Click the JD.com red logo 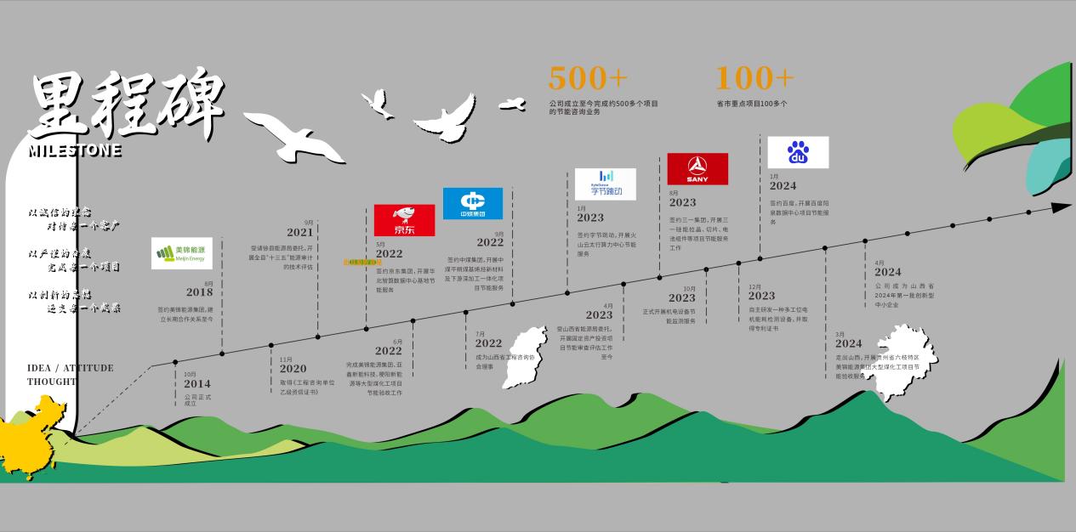[404, 220]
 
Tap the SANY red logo [697, 168]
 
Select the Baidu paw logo [797, 152]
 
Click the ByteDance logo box [605, 184]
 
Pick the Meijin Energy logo [181, 252]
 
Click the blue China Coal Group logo [472, 203]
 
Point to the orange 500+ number [588, 78]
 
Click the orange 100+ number [754, 78]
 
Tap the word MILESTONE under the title [75, 151]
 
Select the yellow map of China [34, 438]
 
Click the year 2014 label [196, 384]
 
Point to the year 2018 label [199, 292]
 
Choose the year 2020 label [293, 369]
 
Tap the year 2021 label [299, 232]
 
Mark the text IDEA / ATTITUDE [70, 368]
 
